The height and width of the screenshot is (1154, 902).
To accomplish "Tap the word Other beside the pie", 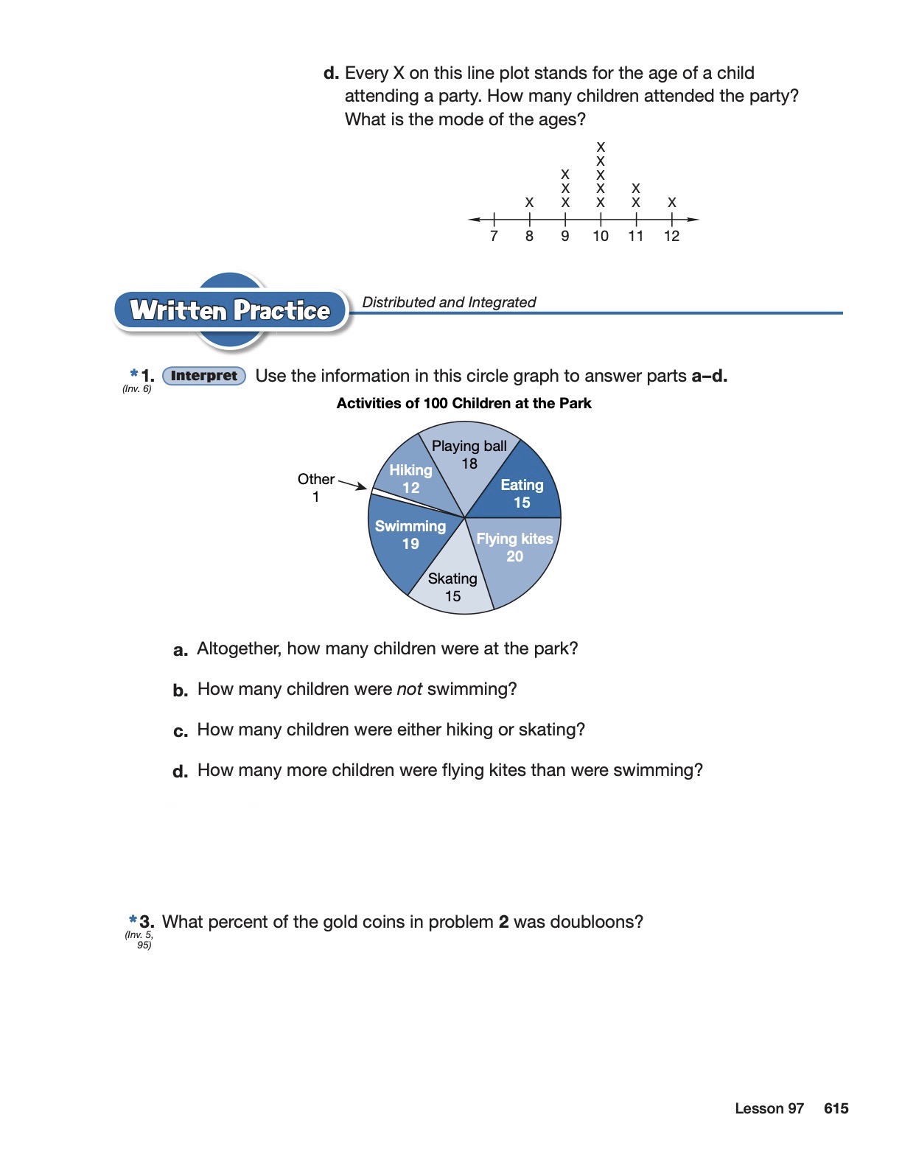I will click(316, 479).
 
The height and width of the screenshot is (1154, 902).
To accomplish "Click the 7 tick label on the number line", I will click(494, 236).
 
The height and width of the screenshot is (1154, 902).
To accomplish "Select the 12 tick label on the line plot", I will click(671, 236).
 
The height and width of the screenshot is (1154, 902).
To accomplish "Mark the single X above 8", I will click(529, 202).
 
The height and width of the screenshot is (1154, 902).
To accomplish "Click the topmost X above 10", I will click(601, 147).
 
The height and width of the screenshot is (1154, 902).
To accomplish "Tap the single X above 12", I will click(671, 202).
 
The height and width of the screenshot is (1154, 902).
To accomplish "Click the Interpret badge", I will click(204, 376).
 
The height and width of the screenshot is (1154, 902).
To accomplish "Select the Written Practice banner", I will click(230, 310).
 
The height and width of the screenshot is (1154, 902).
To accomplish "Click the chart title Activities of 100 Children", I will click(464, 403).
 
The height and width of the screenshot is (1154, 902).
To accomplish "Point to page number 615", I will click(836, 1108).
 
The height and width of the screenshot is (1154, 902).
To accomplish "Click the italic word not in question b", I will click(409, 689).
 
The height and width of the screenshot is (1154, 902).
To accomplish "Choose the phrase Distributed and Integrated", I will click(449, 302).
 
